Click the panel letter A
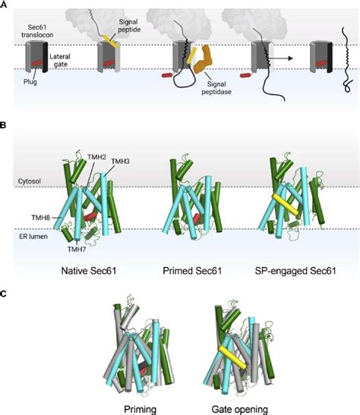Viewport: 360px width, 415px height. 5,5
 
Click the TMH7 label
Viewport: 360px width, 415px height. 74,249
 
